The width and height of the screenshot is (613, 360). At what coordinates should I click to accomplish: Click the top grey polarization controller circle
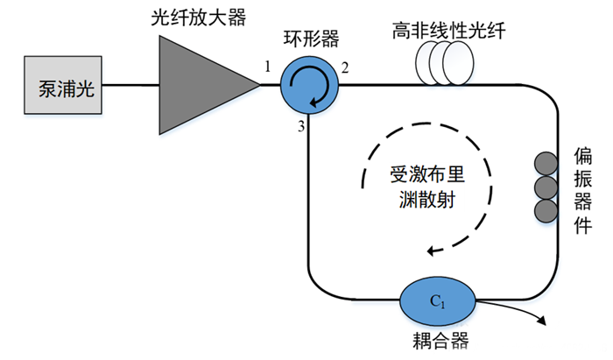(546, 164)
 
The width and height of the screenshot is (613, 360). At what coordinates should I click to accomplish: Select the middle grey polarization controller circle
(546, 187)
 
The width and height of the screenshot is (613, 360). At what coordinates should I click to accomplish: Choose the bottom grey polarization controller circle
(546, 211)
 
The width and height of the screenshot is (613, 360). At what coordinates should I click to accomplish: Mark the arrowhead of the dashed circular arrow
(432, 251)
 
